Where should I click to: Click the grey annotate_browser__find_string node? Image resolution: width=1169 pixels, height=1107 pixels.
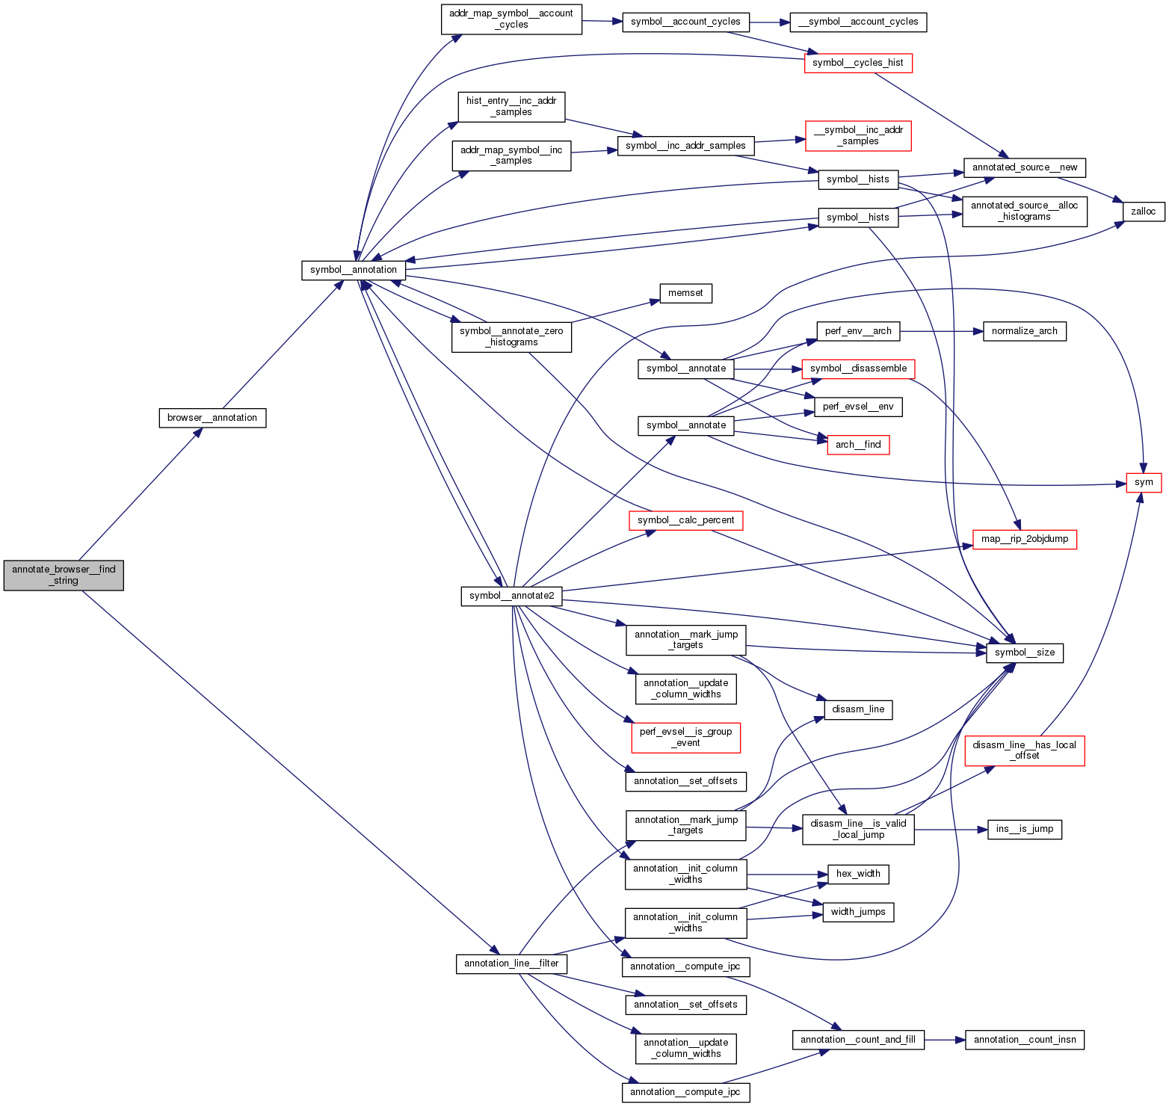coord(64,575)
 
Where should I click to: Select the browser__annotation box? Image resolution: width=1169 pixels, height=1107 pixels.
coord(212,418)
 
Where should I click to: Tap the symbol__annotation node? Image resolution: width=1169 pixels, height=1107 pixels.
coord(354,270)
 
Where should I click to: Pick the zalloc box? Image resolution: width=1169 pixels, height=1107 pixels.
coord(1143,212)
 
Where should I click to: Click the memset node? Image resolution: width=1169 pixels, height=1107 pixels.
coord(685,293)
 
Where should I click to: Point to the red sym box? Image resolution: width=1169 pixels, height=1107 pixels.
coord(1144,482)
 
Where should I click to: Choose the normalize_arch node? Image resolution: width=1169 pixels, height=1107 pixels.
coord(1024,331)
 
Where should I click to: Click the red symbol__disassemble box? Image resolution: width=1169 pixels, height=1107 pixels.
coord(858,369)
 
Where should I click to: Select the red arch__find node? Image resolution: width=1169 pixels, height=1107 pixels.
coord(858,445)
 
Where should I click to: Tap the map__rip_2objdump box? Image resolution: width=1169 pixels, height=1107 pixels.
coord(1024,539)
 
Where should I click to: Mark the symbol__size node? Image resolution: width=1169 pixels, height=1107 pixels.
coord(1024,653)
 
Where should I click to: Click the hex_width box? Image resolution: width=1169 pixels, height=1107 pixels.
coord(858,874)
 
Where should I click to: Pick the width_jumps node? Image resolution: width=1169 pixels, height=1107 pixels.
coord(858,912)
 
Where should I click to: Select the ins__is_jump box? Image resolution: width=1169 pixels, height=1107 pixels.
coord(1024,829)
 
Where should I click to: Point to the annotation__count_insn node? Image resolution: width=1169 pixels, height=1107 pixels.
coord(1024,1040)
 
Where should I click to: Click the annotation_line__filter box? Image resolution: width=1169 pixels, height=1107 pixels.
coord(511,963)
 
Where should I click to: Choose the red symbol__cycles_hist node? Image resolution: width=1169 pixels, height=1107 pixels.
coord(858,63)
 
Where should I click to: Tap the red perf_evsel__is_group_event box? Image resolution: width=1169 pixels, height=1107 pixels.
coord(685,737)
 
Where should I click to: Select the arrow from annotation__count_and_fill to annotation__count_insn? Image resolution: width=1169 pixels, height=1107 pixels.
coord(945,1040)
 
